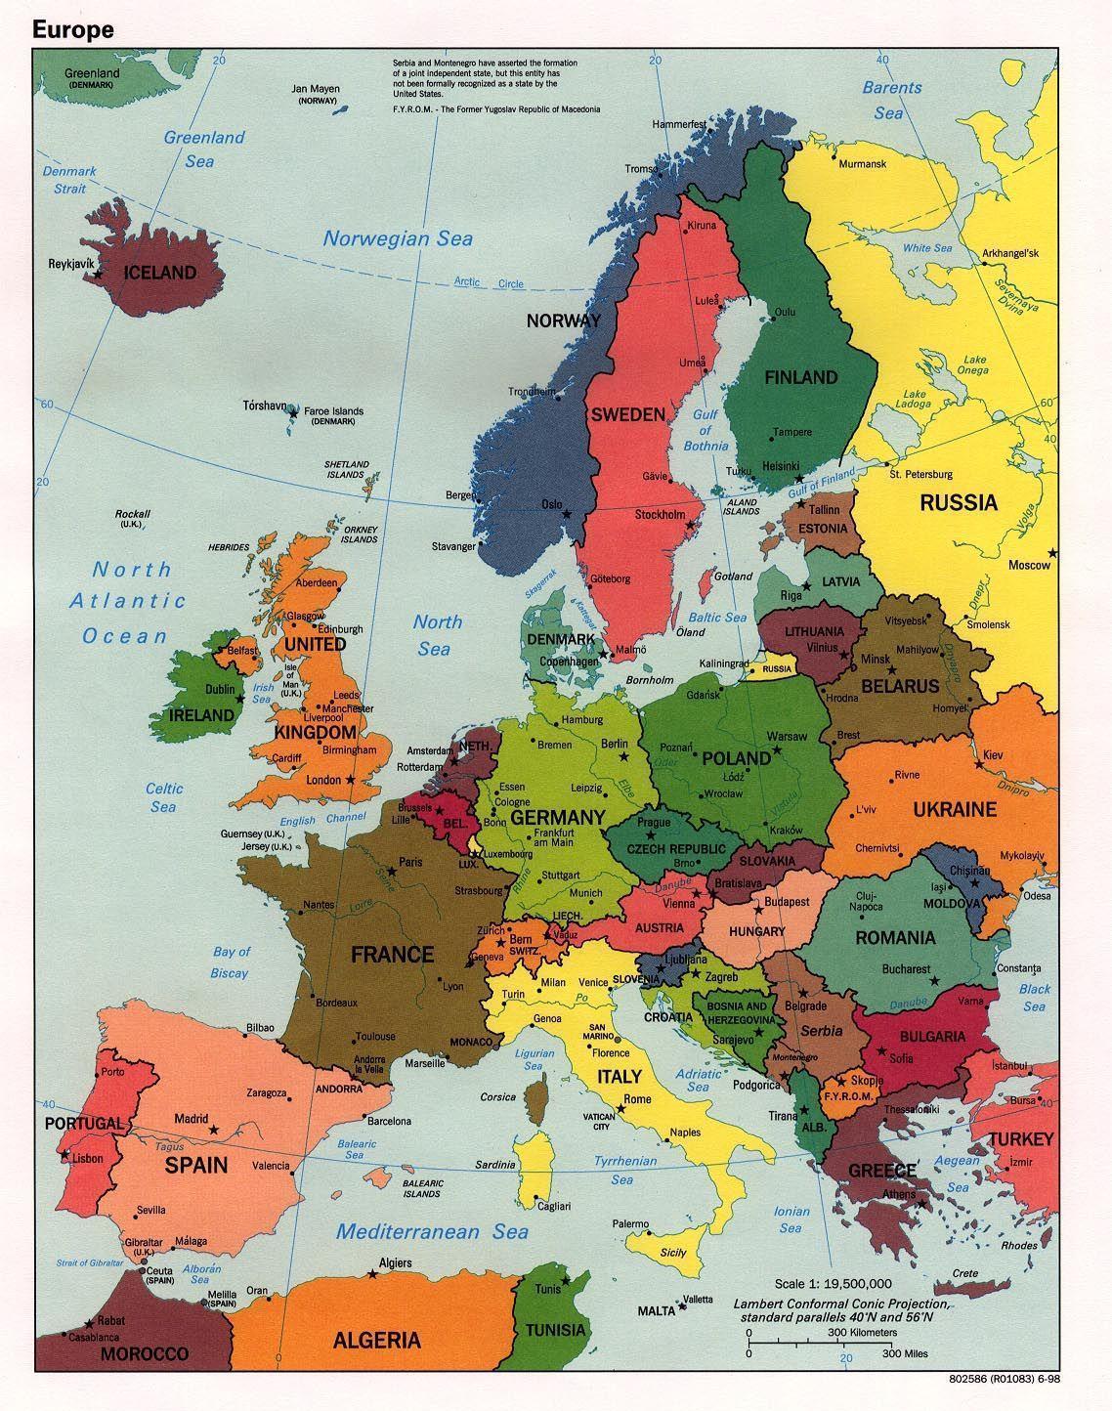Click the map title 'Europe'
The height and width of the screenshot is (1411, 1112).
pyautogui.click(x=73, y=30)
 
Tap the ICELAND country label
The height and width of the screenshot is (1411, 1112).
pyautogui.click(x=159, y=273)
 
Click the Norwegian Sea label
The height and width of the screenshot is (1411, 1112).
pyautogui.click(x=398, y=238)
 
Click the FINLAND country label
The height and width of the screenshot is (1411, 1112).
pyautogui.click(x=800, y=377)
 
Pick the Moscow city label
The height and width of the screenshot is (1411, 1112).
pyautogui.click(x=1029, y=565)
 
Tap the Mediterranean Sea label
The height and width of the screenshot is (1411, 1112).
pyautogui.click(x=432, y=1231)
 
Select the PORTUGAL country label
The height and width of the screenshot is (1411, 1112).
pyautogui.click(x=84, y=1124)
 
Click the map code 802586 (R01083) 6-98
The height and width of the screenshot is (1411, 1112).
pyautogui.click(x=1016, y=1381)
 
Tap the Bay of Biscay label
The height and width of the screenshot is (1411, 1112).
pyautogui.click(x=231, y=962)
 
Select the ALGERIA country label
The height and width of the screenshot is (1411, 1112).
pyautogui.click(x=376, y=1340)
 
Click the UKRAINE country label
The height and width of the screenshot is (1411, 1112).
pyautogui.click(x=955, y=809)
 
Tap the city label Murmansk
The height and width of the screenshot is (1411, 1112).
pyautogui.click(x=862, y=164)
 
